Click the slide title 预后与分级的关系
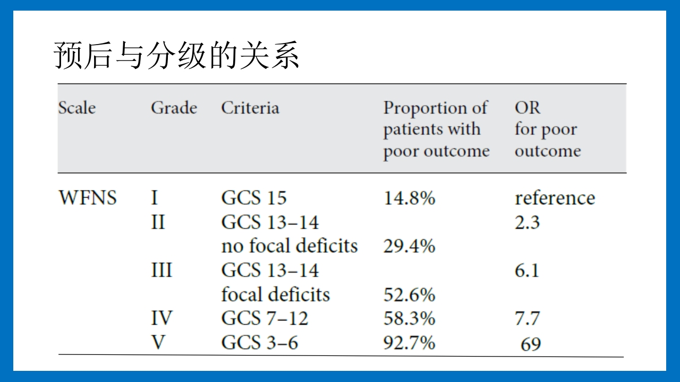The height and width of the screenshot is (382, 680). tap(177, 56)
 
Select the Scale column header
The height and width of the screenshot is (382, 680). tap(77, 108)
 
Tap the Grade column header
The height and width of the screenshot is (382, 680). tap(174, 108)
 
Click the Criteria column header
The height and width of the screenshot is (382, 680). tap(250, 108)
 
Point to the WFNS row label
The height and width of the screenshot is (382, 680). tap(87, 198)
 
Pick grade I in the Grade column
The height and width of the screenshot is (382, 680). tap(154, 198)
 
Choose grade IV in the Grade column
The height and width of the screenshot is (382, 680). tap(161, 318)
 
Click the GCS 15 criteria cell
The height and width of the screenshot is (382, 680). tap(253, 198)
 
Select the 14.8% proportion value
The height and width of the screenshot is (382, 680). tap(409, 198)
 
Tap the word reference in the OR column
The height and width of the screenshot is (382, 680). tap(555, 198)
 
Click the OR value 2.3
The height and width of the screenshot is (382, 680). tap(527, 222)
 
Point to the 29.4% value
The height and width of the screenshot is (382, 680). tap(409, 246)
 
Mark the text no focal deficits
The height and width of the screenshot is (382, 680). tap(290, 246)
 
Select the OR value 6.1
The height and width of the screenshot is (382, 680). tap(527, 271)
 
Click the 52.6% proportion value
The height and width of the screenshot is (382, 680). tap(409, 294)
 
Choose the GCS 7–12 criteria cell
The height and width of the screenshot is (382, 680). tap(265, 318)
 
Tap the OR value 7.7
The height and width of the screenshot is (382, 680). tap(527, 318)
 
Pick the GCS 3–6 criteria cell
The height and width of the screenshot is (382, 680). tap(259, 343)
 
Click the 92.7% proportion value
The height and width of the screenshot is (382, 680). tap(409, 343)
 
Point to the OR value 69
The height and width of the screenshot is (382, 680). tap(531, 344)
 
